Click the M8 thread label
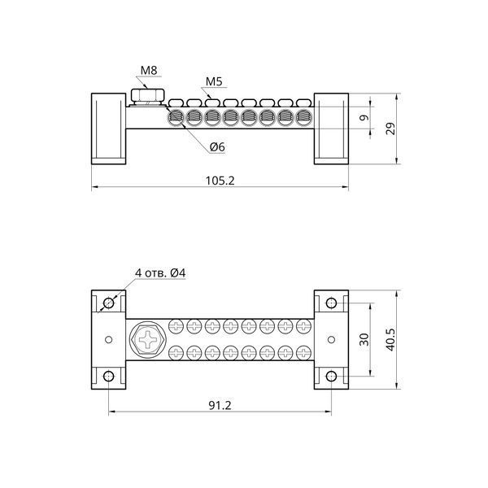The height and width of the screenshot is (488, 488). point(149,71)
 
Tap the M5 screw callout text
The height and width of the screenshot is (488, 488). point(214,81)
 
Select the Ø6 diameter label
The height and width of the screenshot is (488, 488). point(217,147)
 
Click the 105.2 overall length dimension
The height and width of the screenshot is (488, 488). point(220,181)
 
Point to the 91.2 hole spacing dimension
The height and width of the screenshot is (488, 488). point(220,406)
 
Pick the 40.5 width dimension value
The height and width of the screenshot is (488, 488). point(391,339)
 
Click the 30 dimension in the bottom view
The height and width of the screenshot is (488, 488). point(364,339)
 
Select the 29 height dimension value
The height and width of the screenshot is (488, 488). point(390,129)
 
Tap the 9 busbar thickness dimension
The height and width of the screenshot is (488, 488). point(364,118)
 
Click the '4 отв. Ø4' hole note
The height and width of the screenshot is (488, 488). point(160,273)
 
